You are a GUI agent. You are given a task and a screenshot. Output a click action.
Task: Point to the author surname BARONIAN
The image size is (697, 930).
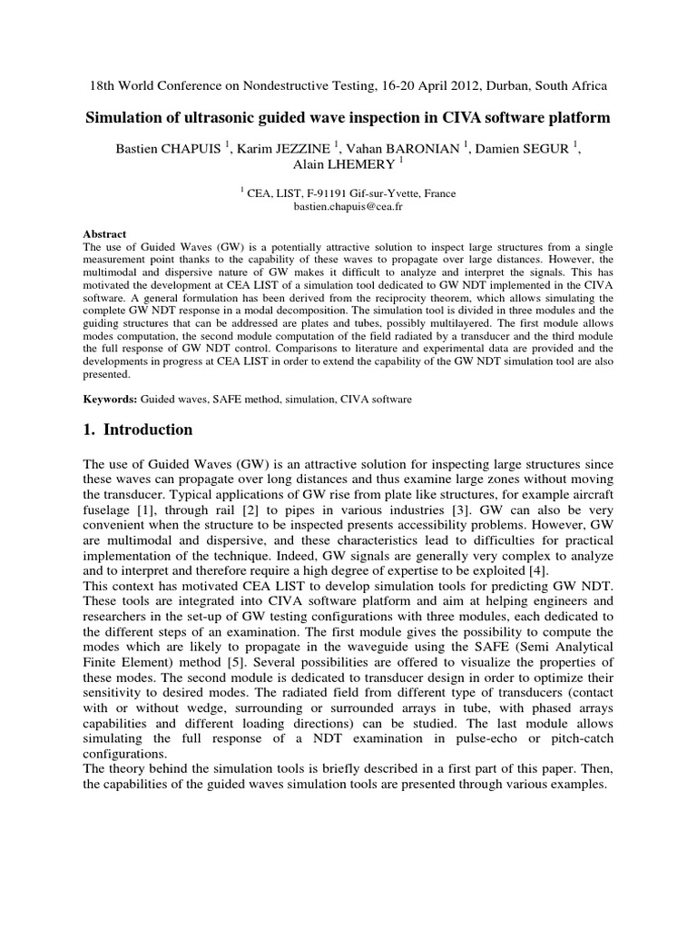[x=430, y=149]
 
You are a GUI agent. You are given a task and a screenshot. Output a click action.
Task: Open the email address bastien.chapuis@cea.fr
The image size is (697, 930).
[x=348, y=207]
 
